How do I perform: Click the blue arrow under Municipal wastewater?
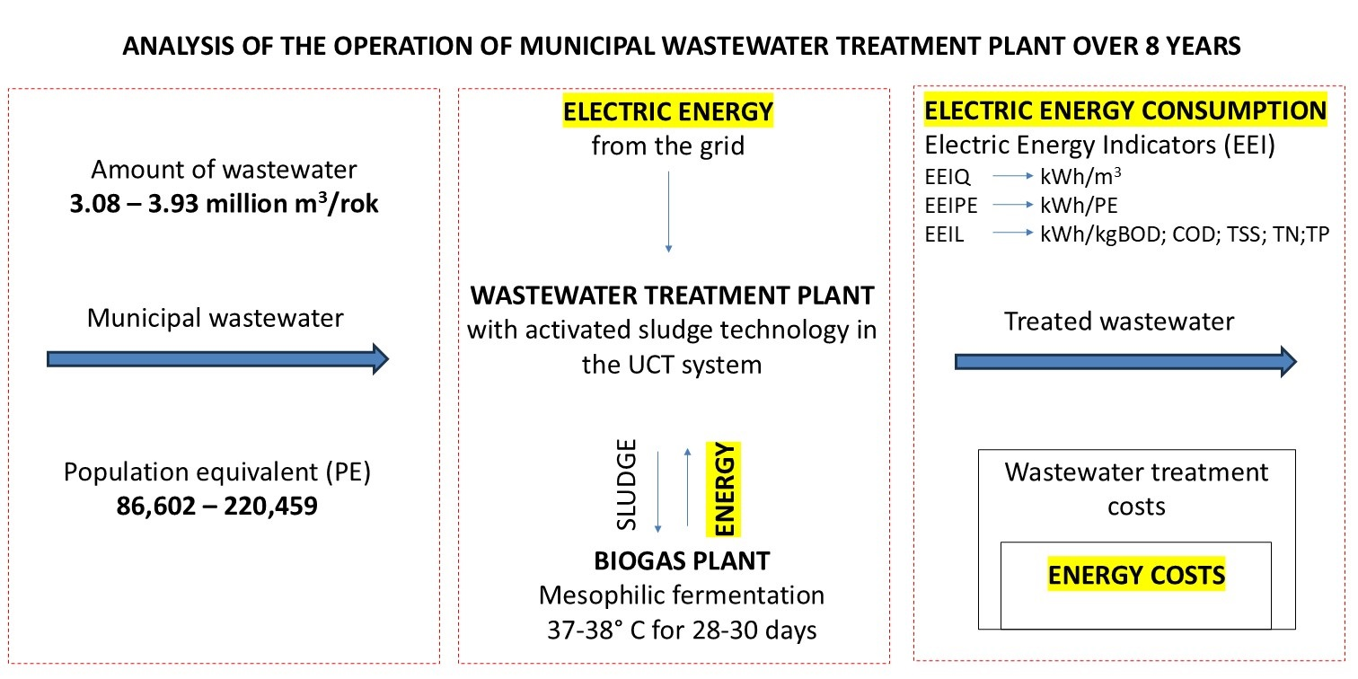point(217,360)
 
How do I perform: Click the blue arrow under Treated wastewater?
point(1125,360)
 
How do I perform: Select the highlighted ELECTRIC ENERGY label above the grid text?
point(667,112)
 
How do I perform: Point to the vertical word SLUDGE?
point(628,484)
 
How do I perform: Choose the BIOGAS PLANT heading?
point(682,561)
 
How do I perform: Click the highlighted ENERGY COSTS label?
point(1135,575)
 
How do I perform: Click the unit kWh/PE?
point(1079,206)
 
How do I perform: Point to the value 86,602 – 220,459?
point(217,507)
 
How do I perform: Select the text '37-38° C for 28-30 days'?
point(682,630)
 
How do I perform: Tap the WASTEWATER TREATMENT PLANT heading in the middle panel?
point(671,295)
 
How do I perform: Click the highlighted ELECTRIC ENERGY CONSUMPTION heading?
point(1125,110)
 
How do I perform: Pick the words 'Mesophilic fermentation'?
point(682,595)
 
